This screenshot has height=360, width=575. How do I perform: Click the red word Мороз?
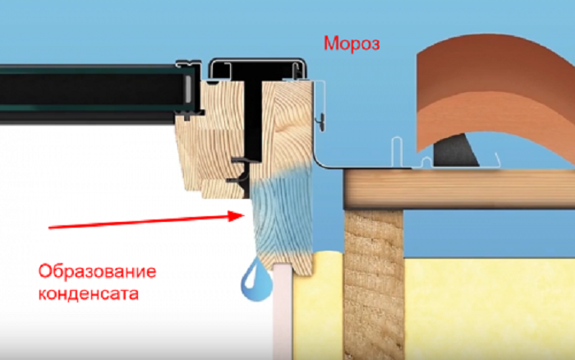pos(352,44)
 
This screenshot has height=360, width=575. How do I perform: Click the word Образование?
pos(98,272)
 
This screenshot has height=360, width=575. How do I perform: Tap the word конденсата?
pos(89,293)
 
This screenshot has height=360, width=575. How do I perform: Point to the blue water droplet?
pos(256,279)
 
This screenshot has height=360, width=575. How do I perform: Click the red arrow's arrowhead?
pos(237,216)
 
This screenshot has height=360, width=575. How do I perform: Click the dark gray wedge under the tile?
pos(455,150)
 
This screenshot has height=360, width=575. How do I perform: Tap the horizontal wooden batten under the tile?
pos(459,189)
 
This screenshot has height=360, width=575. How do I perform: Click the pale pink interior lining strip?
pos(283,312)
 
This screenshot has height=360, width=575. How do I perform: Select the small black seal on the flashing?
pos(322,122)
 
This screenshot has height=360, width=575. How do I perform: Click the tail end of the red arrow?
pos(49,228)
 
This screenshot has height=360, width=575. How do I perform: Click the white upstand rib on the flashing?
pos(397,150)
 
